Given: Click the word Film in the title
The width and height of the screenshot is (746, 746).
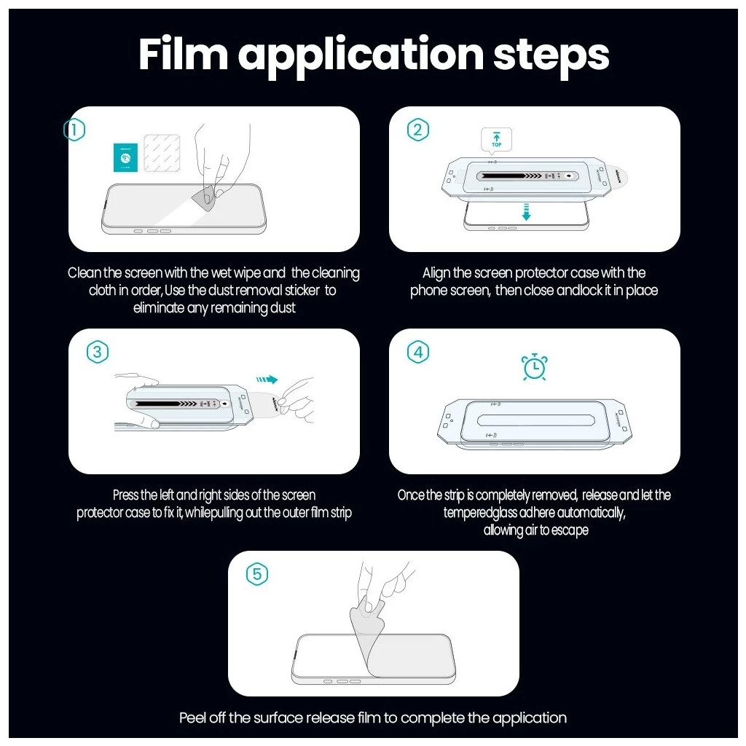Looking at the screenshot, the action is coord(183,54).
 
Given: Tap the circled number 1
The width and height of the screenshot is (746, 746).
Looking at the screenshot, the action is coord(74,130).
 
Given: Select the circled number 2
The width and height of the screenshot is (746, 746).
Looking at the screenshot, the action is coord(417,130).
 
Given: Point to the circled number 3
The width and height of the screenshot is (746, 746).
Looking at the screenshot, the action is coord(98,352).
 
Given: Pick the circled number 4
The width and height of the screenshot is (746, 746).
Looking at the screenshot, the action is coord(417,352).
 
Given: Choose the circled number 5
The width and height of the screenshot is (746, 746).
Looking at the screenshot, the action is coord(257,574).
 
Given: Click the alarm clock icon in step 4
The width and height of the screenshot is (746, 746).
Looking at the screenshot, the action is coord(534,367).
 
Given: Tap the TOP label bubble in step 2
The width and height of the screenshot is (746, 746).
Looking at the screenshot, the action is coord(496,141).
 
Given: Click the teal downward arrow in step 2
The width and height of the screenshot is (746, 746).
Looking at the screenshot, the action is coord(526,212).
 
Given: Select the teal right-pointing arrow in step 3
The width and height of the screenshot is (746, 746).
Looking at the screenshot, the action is coord(267,379).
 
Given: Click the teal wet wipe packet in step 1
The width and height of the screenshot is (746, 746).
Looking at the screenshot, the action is coord(125,157).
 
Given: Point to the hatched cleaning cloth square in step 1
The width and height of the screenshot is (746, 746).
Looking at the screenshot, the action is coord(162,153).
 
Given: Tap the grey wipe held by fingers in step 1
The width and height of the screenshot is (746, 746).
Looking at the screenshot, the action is coord(205,198).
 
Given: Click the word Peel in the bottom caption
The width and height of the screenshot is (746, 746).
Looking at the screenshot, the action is coord(192,718).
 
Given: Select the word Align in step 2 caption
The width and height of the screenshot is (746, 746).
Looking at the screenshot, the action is coord(436,274).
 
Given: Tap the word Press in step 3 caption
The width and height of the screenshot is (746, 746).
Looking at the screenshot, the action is coord(125,495).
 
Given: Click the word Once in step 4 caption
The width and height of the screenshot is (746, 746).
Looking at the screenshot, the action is coord(411,495).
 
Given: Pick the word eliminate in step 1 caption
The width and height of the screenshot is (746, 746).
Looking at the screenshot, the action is coord(158,308).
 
